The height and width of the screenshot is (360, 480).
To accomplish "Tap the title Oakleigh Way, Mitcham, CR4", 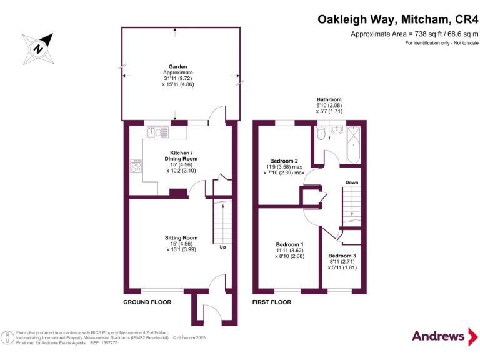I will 397,20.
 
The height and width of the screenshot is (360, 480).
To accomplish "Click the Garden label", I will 178,66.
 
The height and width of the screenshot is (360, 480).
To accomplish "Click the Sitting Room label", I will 181,238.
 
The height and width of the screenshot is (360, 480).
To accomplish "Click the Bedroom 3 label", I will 342,256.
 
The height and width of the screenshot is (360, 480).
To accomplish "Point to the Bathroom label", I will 329,100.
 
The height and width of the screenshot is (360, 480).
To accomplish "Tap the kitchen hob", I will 136,166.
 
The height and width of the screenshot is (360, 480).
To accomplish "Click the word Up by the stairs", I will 222,247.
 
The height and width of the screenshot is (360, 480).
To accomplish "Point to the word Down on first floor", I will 351,183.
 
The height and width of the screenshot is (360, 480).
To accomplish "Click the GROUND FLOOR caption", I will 147,302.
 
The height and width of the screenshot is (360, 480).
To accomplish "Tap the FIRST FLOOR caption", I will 272,302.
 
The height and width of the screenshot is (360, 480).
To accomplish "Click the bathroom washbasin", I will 337,131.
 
